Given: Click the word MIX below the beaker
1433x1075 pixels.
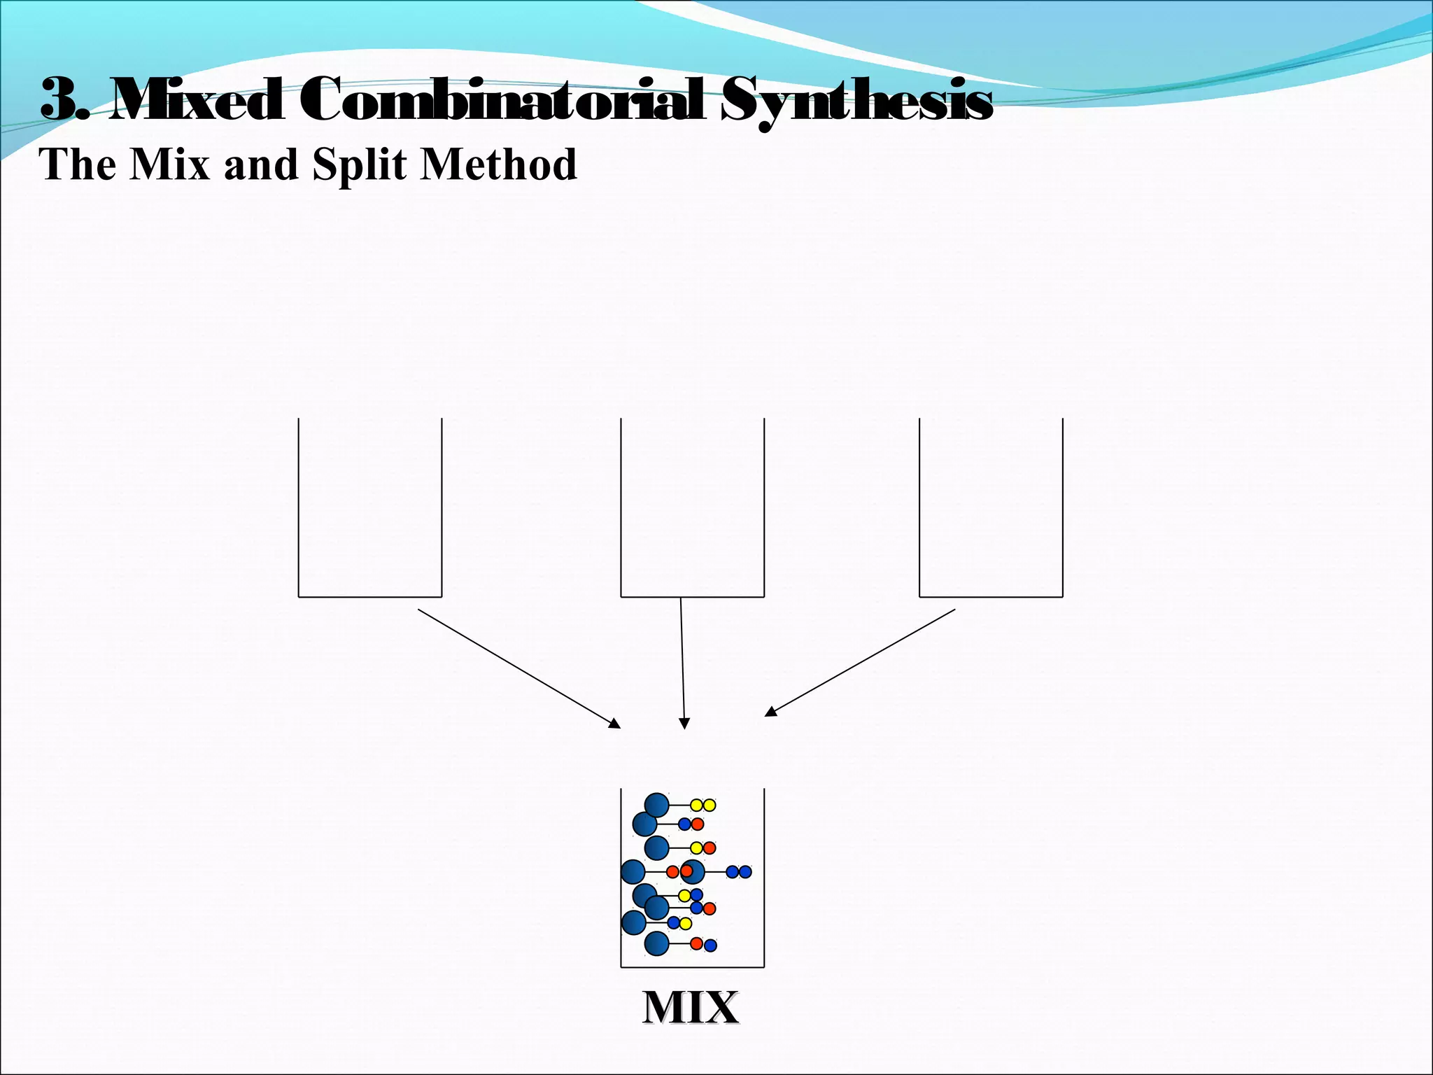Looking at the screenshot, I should [x=690, y=1008].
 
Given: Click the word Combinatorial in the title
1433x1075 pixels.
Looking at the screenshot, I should [x=503, y=100].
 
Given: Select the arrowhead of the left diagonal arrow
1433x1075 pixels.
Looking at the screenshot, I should [x=615, y=724].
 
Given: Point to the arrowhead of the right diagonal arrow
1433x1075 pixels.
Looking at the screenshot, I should [x=770, y=712].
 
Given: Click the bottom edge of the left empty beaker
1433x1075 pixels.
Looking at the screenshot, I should [x=370, y=597].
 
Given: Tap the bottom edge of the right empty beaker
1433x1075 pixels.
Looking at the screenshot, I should [x=991, y=597].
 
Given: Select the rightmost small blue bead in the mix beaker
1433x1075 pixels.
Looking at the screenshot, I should [x=745, y=872].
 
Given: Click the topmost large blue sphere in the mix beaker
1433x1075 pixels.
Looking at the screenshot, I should [x=656, y=806].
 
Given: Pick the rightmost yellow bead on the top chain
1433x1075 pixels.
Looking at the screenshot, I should [x=710, y=805].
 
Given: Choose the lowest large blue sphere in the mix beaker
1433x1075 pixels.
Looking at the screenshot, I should [x=656, y=943].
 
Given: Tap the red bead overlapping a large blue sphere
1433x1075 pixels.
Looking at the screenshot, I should [x=687, y=871].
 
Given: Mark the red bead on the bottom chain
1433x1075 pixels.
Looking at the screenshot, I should [x=696, y=943].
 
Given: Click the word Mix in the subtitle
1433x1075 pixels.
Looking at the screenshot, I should [x=169, y=164].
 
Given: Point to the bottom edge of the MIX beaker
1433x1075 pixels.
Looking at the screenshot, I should [x=692, y=967].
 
